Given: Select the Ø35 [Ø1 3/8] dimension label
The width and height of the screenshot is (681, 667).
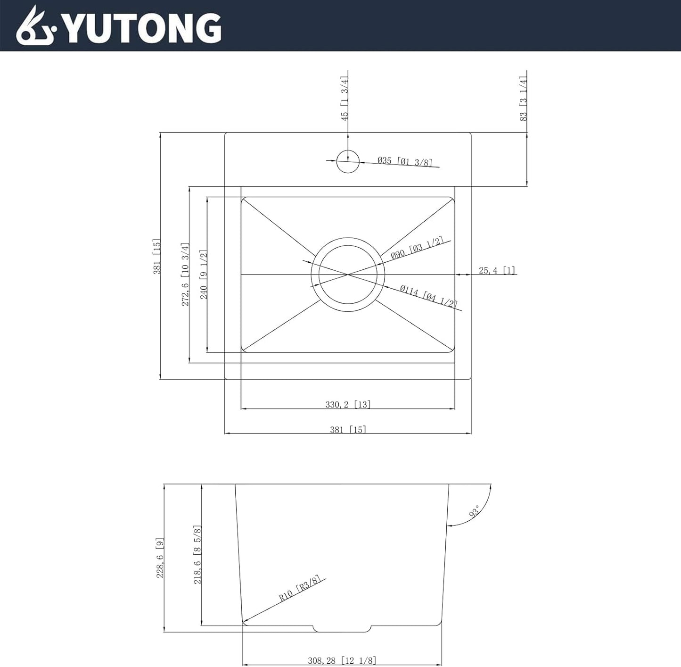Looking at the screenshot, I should [x=404, y=161].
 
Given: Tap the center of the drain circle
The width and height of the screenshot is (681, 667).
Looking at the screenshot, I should [x=348, y=274].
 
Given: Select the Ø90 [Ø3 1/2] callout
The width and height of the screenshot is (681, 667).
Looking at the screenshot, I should [x=417, y=248].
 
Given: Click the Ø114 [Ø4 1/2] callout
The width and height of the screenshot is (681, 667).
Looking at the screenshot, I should [x=428, y=296].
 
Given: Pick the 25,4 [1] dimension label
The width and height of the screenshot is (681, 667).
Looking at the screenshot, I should [x=497, y=270].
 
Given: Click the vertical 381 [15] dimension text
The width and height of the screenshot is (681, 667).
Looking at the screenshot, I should [x=157, y=256].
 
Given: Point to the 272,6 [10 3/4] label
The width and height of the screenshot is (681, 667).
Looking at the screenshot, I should [x=186, y=275].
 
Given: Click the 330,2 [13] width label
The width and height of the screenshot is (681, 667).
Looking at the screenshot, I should [x=348, y=404].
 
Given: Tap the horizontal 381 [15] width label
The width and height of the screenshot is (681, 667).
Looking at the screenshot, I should [x=348, y=429].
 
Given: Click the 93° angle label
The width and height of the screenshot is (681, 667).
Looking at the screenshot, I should [x=474, y=511].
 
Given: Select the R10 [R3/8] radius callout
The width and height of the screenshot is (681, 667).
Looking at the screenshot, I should [x=299, y=588].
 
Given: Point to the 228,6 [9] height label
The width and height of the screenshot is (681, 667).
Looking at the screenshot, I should [x=160, y=558].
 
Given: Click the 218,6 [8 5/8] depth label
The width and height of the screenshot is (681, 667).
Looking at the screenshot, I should [x=198, y=555].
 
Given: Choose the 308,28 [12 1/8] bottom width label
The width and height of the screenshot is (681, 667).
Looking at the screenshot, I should [x=342, y=660].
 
